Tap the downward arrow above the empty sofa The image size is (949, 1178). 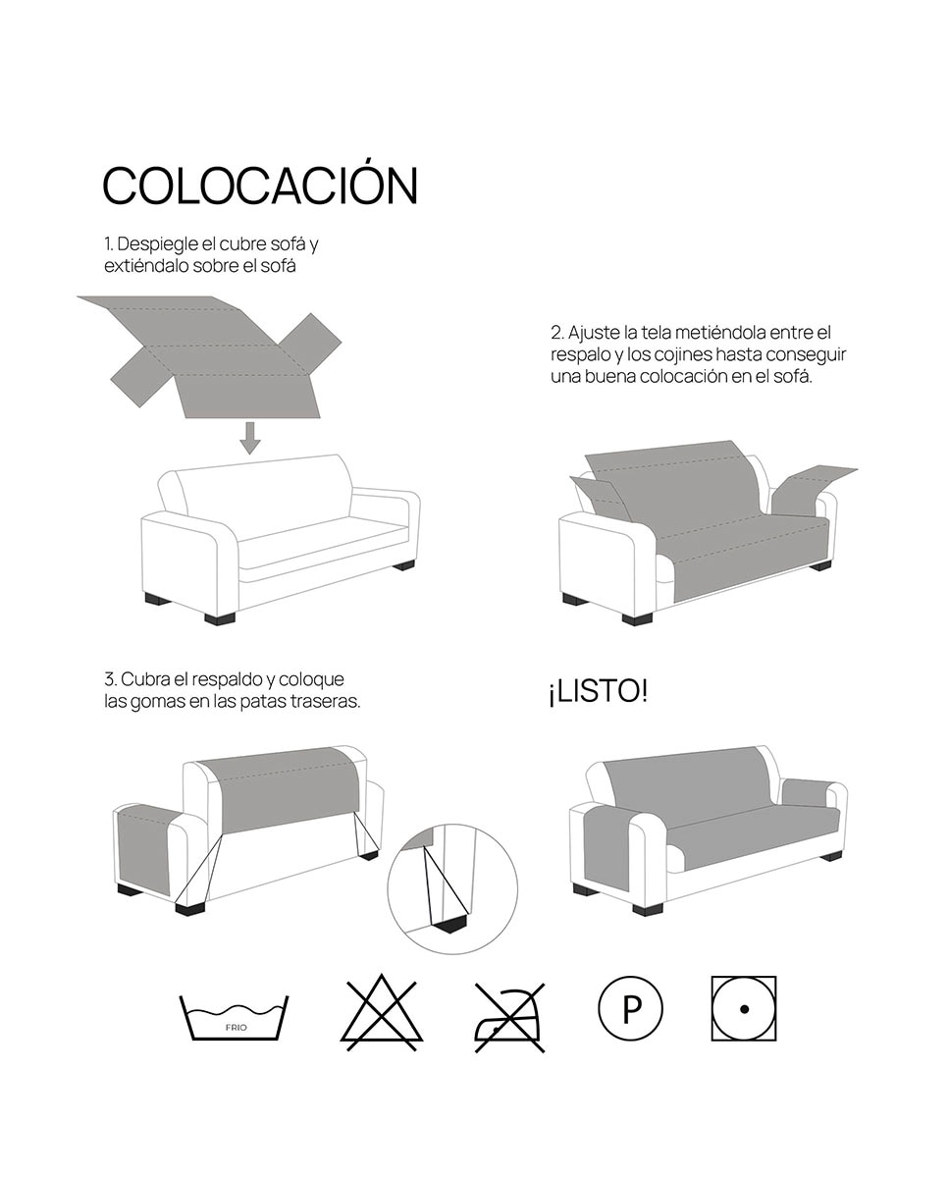pos(250,438)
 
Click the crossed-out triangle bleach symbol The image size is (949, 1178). pos(382,1013)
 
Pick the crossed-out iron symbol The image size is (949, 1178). pos(509,1018)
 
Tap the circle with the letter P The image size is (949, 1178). pos(630,1008)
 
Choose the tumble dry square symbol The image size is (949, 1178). pos(744,1008)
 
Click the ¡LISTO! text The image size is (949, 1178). pos(599,691)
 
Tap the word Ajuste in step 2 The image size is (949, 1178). pos(594,332)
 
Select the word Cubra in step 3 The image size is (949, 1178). pos(145,679)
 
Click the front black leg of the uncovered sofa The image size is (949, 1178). pos(220,618)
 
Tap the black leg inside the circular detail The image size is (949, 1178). pos(451,926)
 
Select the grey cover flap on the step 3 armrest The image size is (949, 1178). pos(144,850)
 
